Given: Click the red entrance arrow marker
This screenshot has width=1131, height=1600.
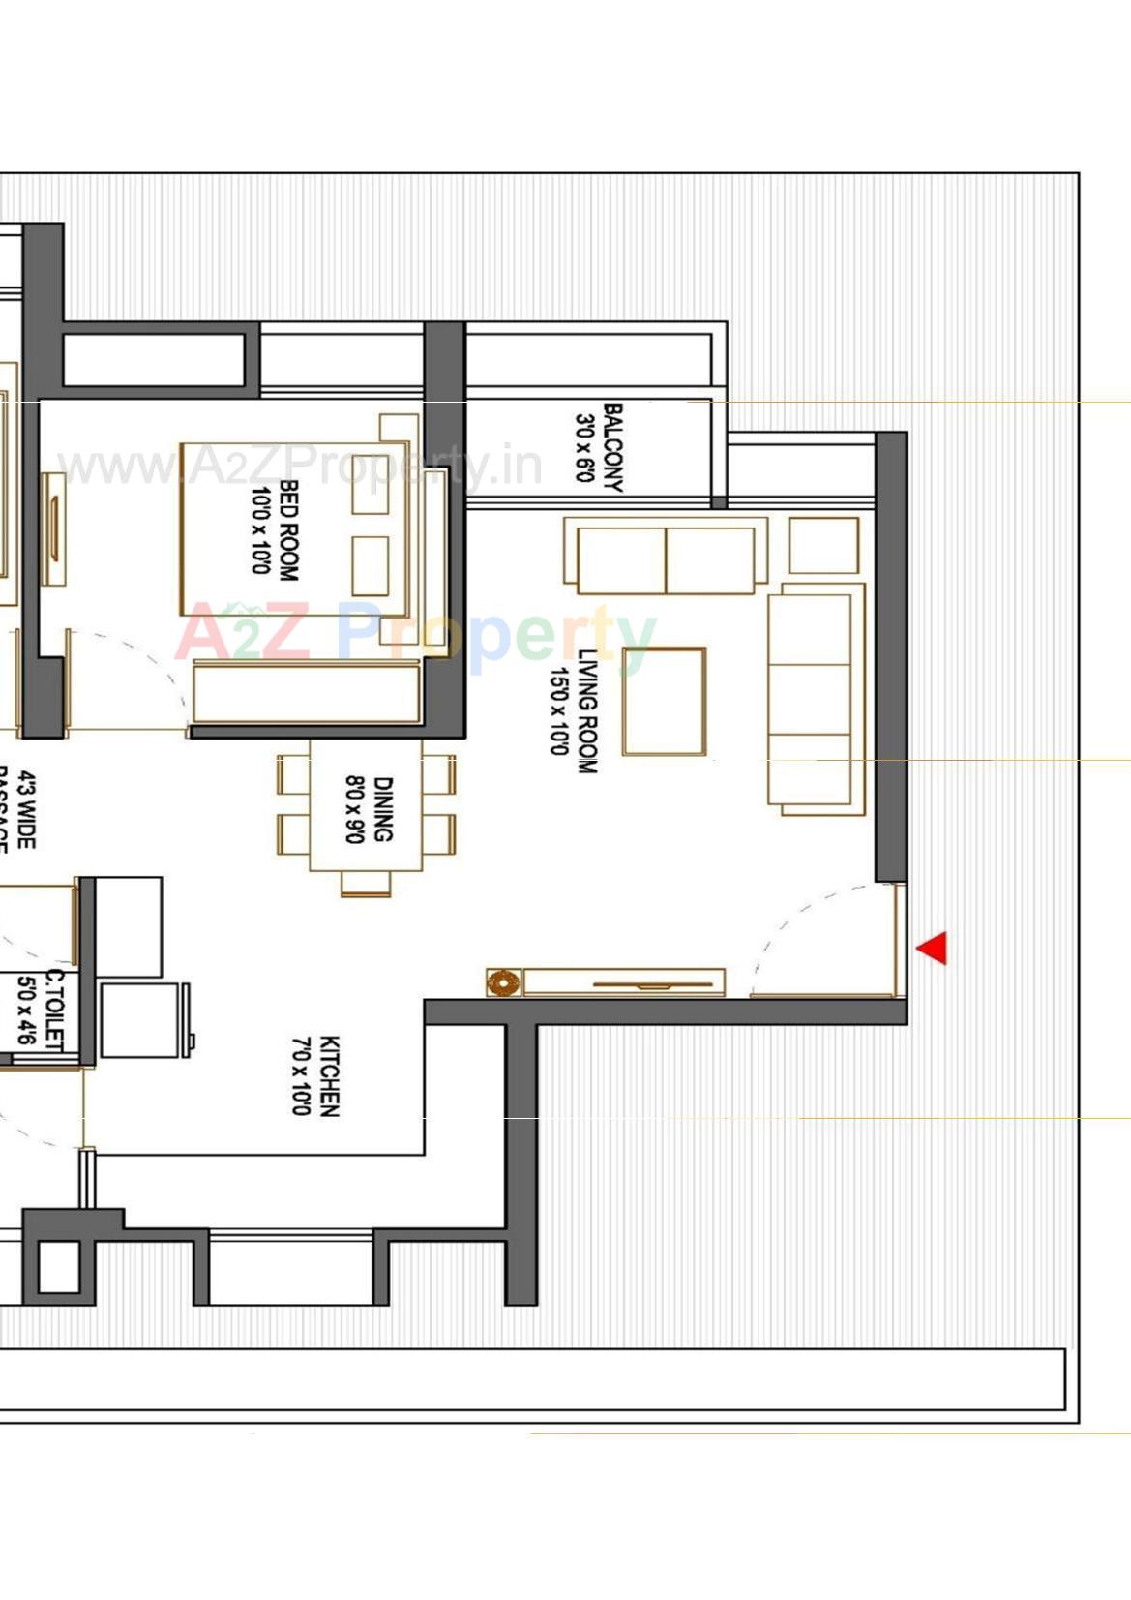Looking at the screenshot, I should pos(934,948).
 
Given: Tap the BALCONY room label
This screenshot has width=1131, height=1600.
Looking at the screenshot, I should pos(613,448).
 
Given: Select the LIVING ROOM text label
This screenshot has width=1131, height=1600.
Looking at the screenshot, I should pos(587,711).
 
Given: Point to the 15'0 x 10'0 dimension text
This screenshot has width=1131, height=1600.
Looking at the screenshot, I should pos(559,711).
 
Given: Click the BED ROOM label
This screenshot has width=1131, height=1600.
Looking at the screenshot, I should pos(288,530).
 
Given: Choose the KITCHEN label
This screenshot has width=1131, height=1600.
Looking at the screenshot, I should pos(329,1076).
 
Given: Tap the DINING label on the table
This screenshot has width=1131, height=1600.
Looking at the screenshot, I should pos(383,809).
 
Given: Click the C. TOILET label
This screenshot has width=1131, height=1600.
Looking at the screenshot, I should pos(54,1010).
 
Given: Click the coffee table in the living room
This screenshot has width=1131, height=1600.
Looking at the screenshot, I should pos(665,702).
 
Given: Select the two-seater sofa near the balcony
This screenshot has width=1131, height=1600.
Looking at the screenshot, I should pos(666,559).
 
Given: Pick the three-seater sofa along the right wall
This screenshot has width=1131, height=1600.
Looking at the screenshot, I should pos(816,699).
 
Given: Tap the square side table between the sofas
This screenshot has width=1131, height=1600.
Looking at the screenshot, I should pos(823,545).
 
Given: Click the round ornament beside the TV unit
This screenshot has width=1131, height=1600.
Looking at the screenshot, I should pos(502,983).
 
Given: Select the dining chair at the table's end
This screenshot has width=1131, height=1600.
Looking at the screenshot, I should pos(366,884).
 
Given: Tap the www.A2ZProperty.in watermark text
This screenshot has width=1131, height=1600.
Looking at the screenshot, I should pos(300,467).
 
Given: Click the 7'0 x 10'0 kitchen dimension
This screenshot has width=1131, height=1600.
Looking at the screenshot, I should pos(301,1076).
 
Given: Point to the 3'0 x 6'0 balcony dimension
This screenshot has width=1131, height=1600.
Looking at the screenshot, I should pos(584,448).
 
